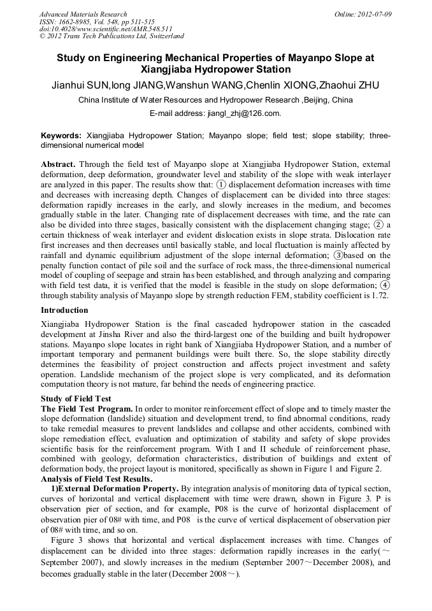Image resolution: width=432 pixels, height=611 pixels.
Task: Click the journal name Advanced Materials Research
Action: [83, 14]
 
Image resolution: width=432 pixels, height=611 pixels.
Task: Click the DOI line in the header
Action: [106, 29]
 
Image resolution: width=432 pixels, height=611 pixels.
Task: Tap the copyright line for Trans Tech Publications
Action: [112, 36]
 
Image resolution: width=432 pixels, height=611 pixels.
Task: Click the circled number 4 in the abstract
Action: [385, 286]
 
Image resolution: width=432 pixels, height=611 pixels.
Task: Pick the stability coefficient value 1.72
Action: [380, 296]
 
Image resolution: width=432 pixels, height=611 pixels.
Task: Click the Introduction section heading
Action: [64, 310]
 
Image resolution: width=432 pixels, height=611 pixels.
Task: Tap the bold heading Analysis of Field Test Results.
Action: [96, 478]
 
